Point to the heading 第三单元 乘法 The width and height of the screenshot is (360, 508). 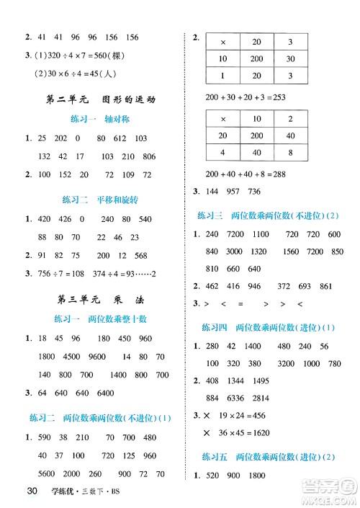pyautogui.click(x=96, y=299)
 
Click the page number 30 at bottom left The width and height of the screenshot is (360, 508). pyautogui.click(x=31, y=493)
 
